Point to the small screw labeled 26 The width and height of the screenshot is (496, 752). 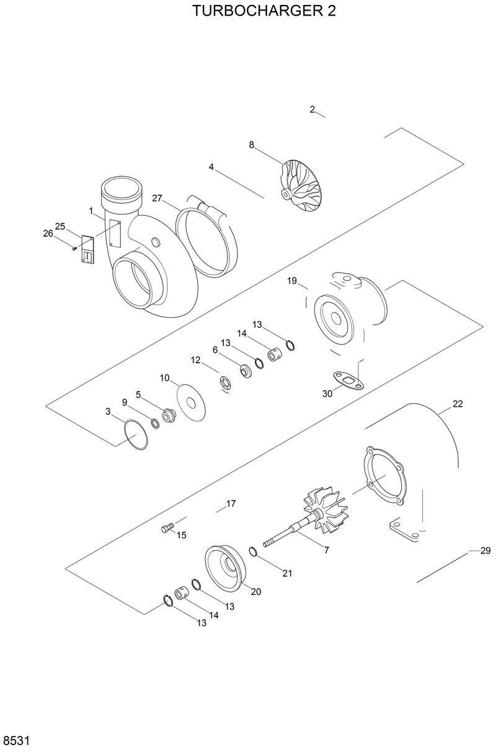point(74,248)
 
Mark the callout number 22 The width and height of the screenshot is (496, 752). point(458,404)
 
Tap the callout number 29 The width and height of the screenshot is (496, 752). point(485,551)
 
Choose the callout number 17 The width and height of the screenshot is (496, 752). point(231,504)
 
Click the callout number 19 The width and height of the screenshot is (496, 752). point(292,281)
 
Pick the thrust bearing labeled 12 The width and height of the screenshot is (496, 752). point(224,382)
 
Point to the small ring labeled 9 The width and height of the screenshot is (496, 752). point(156,424)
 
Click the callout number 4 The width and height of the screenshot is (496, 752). point(211,167)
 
